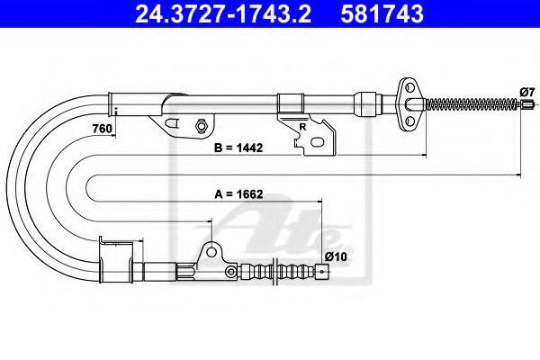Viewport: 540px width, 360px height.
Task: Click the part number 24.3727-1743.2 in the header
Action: click(x=223, y=14)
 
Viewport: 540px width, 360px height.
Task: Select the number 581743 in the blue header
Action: click(x=382, y=14)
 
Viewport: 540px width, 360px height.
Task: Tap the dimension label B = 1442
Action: click(x=238, y=148)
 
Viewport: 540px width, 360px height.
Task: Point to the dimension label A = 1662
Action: click(x=238, y=194)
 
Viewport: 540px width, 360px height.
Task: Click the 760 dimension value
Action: click(x=103, y=129)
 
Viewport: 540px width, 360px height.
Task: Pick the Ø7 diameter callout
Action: click(x=526, y=93)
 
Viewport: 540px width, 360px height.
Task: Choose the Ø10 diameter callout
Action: click(x=336, y=256)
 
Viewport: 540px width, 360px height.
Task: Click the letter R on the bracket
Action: click(x=302, y=127)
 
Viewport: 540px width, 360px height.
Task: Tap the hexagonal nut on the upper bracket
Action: click(x=201, y=125)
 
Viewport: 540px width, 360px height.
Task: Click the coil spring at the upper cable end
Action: click(x=472, y=103)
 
